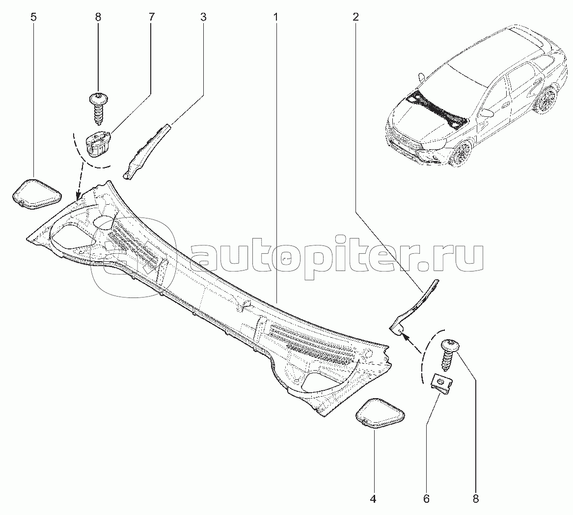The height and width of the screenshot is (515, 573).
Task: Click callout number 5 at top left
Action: click(33, 17)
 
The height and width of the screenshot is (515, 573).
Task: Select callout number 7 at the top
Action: click(152, 17)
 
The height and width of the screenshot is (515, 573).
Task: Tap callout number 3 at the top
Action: click(203, 17)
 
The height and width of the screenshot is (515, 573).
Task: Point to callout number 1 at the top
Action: click(276, 17)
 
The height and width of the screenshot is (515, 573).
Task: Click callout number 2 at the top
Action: click(355, 17)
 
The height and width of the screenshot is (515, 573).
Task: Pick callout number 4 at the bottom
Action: click(373, 499)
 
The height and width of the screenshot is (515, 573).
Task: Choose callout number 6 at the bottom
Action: click(427, 499)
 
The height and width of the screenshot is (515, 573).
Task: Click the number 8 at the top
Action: click(98, 17)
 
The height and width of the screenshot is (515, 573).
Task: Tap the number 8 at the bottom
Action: click(476, 499)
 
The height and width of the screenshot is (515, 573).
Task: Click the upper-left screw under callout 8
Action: click(98, 107)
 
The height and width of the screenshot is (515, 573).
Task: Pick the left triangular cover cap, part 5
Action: click(36, 194)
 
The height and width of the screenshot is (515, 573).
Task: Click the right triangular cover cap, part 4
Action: click(380, 413)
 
